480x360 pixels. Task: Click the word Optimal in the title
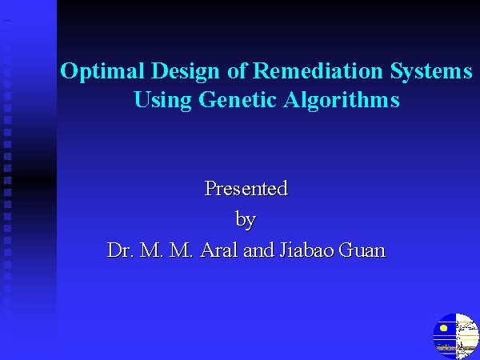(x=102, y=72)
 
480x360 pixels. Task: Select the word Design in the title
(x=186, y=72)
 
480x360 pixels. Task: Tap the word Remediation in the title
(x=318, y=70)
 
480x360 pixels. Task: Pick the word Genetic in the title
(x=238, y=99)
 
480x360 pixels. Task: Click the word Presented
(x=246, y=188)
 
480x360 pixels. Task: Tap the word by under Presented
(x=246, y=220)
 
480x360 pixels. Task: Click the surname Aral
(x=219, y=250)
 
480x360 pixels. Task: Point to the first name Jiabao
(x=306, y=250)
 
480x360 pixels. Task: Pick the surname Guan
(x=362, y=250)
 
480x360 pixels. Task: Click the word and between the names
(x=258, y=250)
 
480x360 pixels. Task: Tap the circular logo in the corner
(x=457, y=336)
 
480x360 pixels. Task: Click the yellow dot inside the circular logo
(x=443, y=328)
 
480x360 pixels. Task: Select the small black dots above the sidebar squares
(x=8, y=21)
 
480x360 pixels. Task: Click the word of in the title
(x=237, y=70)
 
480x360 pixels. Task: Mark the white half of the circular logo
(x=467, y=336)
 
